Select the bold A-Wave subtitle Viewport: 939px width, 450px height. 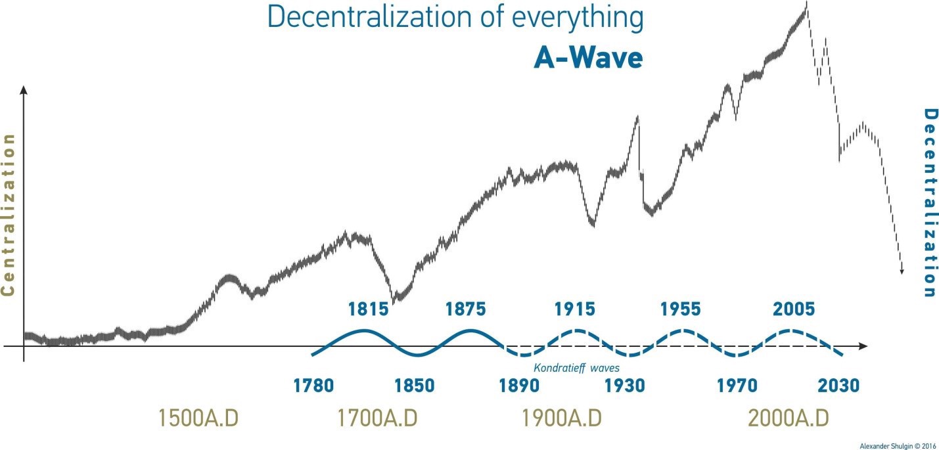pyautogui.click(x=587, y=58)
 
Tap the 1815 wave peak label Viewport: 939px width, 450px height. pyautogui.click(x=368, y=309)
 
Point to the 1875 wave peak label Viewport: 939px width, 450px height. pyautogui.click(x=466, y=309)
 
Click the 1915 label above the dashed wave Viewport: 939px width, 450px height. pyautogui.click(x=574, y=309)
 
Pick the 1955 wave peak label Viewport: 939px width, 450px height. pyautogui.click(x=681, y=309)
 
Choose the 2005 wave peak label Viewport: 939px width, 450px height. pyautogui.click(x=794, y=309)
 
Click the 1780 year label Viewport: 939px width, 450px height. pyautogui.click(x=314, y=385)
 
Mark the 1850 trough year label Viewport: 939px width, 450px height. pyautogui.click(x=415, y=385)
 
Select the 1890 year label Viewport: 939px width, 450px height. pyautogui.click(x=519, y=385)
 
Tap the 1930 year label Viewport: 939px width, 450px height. pyautogui.click(x=625, y=385)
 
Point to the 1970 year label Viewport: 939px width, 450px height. pyautogui.click(x=737, y=385)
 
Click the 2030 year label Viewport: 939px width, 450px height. pyautogui.click(x=838, y=385)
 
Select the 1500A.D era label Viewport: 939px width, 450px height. pyautogui.click(x=199, y=418)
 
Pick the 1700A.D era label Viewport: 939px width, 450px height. pyautogui.click(x=378, y=418)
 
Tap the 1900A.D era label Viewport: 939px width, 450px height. pyautogui.click(x=561, y=418)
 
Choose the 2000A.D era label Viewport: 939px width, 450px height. pyautogui.click(x=789, y=418)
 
